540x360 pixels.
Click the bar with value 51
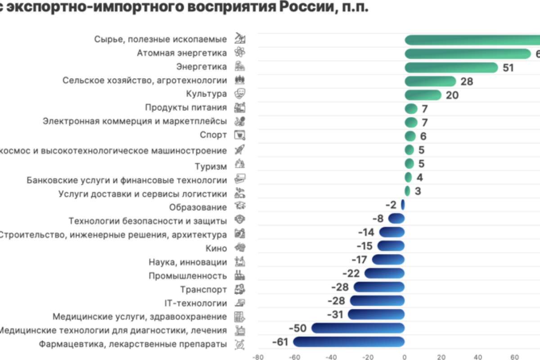451,67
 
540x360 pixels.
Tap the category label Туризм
211,166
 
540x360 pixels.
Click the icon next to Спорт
240,135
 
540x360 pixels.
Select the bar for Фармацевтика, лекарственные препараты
349,342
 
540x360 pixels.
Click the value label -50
297,328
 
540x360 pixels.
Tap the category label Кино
216,248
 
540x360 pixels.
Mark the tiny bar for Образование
403,205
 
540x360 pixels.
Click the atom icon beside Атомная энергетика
240,53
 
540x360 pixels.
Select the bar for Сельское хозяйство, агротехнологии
430,81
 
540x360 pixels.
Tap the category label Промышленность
188,276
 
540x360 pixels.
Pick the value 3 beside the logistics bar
418,191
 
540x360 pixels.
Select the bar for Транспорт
379,287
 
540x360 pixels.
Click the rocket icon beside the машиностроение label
240,150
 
